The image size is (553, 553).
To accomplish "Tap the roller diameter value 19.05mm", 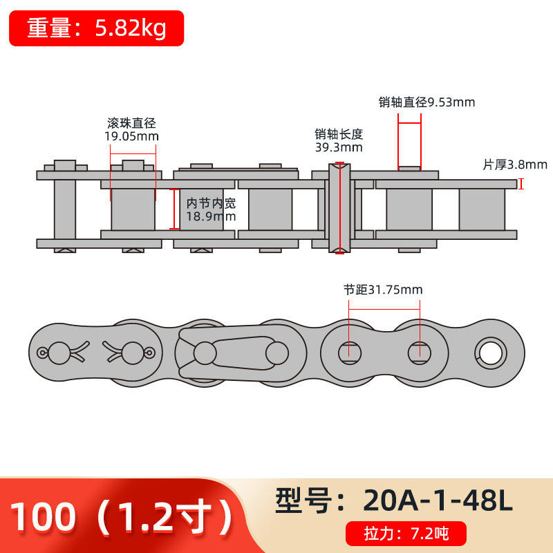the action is point(131,136).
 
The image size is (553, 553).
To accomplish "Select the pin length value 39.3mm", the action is point(339,147).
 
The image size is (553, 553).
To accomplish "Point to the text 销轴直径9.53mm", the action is point(427,102).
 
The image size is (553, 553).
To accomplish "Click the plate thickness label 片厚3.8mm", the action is point(514,165).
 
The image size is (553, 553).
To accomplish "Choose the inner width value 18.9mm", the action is point(211,216).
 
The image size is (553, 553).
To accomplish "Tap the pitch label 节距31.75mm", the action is point(383,290).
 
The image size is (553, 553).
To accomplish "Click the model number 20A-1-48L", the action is point(437,500).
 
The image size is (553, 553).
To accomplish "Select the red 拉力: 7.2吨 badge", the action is point(406,534).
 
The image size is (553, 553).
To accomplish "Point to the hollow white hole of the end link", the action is point(490,352).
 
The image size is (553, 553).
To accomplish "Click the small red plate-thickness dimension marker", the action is point(521,184).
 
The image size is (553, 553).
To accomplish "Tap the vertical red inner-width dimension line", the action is point(174,209).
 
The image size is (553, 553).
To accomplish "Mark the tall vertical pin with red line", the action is point(339,207).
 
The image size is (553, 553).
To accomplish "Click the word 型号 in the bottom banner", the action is point(303,500).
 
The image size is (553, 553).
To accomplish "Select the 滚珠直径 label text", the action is point(131,123).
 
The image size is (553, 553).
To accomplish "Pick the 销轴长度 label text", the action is point(339,134).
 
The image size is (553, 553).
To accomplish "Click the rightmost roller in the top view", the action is point(482,209).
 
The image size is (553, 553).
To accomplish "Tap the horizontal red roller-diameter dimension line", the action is point(133,144).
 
